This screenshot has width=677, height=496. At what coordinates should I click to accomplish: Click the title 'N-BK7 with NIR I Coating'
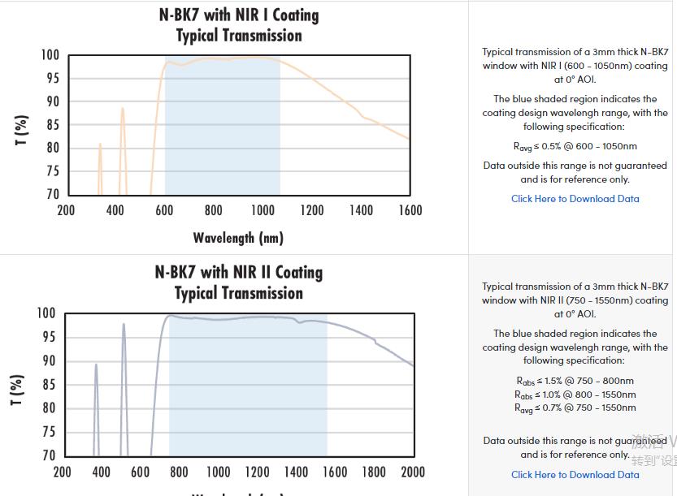pyautogui.click(x=238, y=15)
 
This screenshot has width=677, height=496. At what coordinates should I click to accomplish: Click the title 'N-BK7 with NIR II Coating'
pyautogui.click(x=238, y=273)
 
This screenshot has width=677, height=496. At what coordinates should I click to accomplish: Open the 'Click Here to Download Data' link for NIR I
pyautogui.click(x=575, y=199)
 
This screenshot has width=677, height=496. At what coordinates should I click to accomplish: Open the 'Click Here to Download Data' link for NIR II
pyautogui.click(x=575, y=475)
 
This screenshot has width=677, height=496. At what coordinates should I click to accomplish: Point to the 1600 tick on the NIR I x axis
pyautogui.click(x=410, y=211)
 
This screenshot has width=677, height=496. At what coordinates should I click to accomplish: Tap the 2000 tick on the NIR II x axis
pyautogui.click(x=413, y=472)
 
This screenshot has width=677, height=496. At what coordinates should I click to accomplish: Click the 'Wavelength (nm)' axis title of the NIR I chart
pyautogui.click(x=238, y=238)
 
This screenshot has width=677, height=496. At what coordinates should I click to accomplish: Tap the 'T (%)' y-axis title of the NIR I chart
pyautogui.click(x=22, y=130)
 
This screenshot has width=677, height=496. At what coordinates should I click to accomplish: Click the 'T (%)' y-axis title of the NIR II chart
pyautogui.click(x=18, y=390)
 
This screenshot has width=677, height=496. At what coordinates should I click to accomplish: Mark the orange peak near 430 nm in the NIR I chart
pyautogui.click(x=123, y=109)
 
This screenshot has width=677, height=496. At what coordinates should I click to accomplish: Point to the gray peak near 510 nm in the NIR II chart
pyautogui.click(x=124, y=325)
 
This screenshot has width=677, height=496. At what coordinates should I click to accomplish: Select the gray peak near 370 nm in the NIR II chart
pyautogui.click(x=96, y=364)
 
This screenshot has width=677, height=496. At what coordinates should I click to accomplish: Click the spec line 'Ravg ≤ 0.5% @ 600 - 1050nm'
pyautogui.click(x=575, y=147)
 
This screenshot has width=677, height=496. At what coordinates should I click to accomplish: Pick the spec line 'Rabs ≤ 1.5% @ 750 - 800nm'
pyautogui.click(x=575, y=381)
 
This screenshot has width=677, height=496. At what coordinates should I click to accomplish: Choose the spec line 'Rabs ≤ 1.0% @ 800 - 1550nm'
pyautogui.click(x=575, y=395)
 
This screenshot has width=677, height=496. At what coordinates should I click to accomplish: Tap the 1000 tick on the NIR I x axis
pyautogui.click(x=263, y=211)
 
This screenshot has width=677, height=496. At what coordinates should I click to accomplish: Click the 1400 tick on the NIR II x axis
pyautogui.click(x=296, y=472)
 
